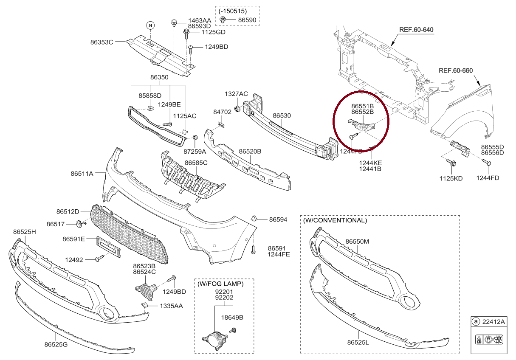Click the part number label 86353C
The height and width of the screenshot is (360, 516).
[102, 42]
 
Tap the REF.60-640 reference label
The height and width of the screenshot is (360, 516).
[416, 30]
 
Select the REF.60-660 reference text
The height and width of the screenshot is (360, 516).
[456, 70]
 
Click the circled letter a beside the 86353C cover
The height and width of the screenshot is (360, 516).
[150, 26]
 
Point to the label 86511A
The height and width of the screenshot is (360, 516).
[82, 173]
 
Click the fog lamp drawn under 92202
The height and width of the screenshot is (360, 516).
[214, 340]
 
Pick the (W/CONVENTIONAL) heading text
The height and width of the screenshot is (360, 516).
[335, 220]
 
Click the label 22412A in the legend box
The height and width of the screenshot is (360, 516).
[493, 321]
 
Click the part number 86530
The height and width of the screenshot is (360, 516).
[282, 115]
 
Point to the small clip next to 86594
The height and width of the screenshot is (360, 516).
[254, 219]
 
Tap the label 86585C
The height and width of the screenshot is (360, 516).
[196, 163]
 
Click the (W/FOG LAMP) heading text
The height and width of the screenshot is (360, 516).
[220, 284]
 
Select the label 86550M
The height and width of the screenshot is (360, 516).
[357, 241]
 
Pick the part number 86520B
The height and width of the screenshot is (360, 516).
[250, 151]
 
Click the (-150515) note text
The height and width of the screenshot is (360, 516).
[233, 11]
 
